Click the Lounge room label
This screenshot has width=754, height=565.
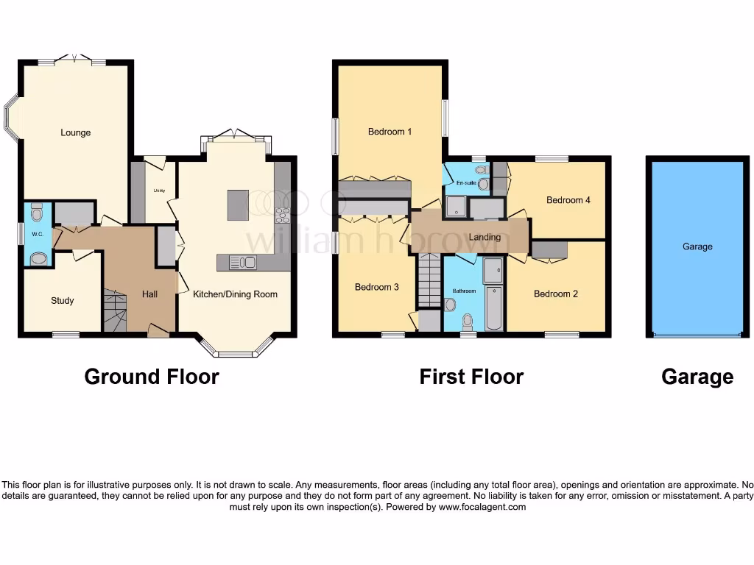coord(75,133)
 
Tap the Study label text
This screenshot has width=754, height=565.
coord(62,301)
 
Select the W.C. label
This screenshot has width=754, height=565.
coord(37,235)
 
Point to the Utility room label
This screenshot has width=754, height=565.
coord(158,191)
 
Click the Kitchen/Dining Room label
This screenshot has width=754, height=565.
coord(235,294)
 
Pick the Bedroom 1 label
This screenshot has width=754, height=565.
coord(390,132)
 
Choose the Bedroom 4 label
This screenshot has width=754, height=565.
coord(568,200)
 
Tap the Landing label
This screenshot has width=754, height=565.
coord(485,237)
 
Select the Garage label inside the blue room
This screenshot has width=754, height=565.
coord(697,246)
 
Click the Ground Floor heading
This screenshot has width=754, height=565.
coord(152,377)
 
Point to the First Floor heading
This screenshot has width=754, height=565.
coord(471,377)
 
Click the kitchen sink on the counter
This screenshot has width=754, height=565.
coord(242,262)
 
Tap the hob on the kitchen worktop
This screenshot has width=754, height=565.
coord(282,215)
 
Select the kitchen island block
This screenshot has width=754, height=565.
coord(238,205)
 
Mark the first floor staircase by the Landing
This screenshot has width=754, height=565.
coord(429,281)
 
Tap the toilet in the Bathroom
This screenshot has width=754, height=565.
coord(468,321)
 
